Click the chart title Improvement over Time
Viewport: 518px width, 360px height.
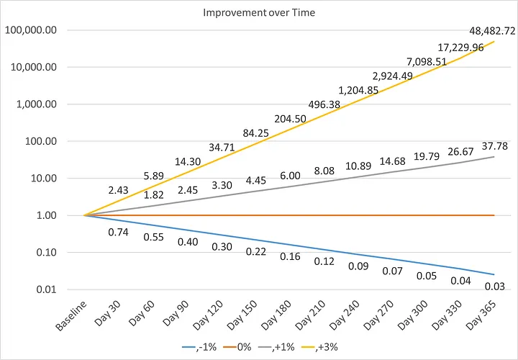(x=259, y=12)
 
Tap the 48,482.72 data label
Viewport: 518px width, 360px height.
(x=492, y=31)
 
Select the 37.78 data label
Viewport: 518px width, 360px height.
(x=494, y=145)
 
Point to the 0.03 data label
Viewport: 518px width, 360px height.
(x=494, y=287)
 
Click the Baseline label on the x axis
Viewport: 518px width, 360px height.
(x=71, y=315)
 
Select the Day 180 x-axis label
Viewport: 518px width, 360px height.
(x=276, y=315)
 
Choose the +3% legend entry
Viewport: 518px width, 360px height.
(x=319, y=347)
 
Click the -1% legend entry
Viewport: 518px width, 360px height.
(x=199, y=347)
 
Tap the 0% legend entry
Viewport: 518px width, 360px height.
(x=237, y=347)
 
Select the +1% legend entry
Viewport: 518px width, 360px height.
(x=276, y=347)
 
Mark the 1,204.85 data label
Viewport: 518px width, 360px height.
(x=358, y=90)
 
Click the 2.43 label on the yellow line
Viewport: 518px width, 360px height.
(x=118, y=190)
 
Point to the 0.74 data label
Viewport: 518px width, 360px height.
(x=118, y=232)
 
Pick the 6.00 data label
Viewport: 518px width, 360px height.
(x=290, y=176)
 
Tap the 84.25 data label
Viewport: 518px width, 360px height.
(x=255, y=133)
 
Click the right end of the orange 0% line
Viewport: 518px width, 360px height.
(x=494, y=215)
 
